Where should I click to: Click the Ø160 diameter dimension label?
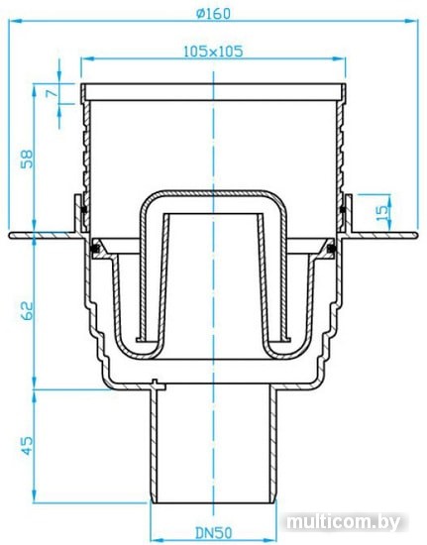coord(213,13)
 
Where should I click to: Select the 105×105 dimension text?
coord(214,50)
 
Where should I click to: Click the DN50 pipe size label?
coord(213,533)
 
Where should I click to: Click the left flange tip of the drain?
coord(12,236)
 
